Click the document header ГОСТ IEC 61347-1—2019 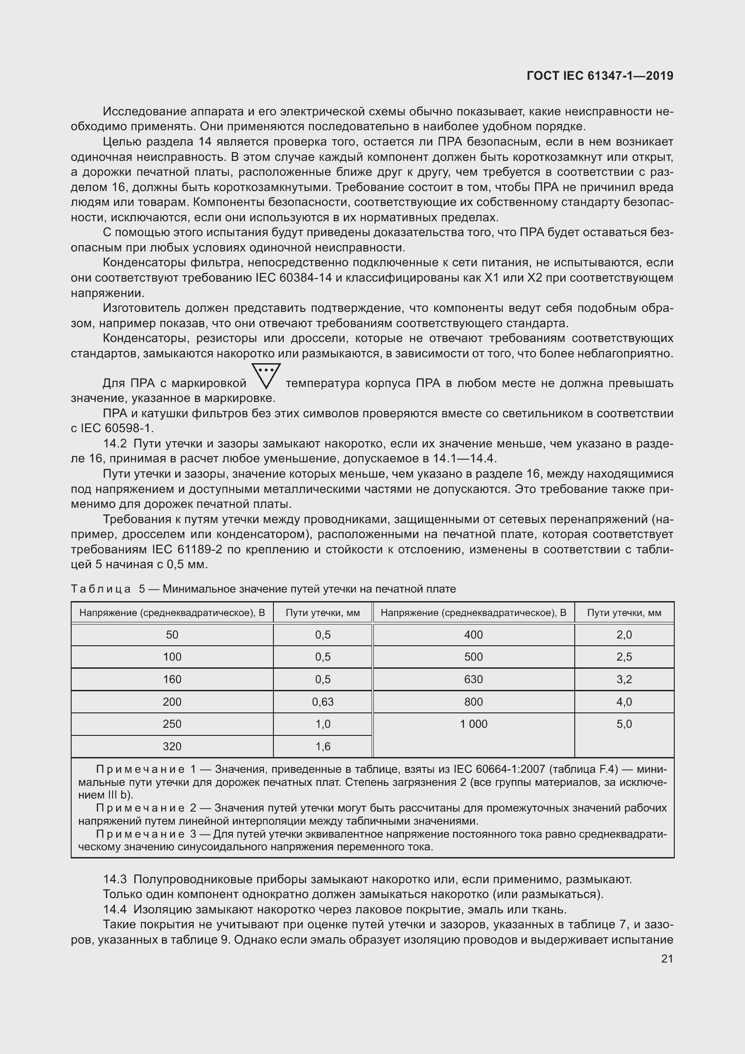tap(600, 76)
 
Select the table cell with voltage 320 tap(172, 746)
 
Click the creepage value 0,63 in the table tap(323, 702)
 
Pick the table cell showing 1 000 tap(473, 724)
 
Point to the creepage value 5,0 tap(624, 724)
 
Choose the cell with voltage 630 tap(473, 679)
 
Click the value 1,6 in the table tap(323, 746)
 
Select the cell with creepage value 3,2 tap(624, 679)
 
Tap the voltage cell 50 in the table tap(172, 634)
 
